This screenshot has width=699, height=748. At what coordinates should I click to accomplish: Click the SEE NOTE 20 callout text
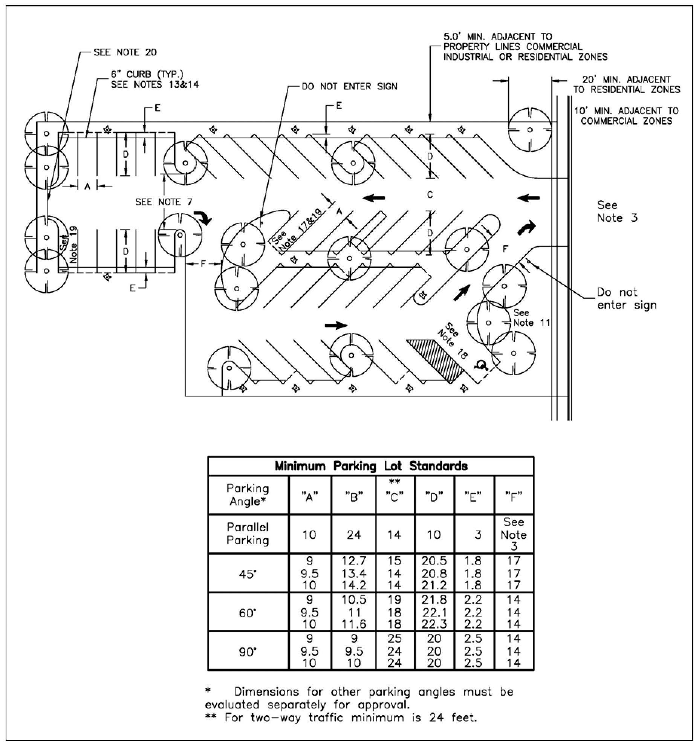125,52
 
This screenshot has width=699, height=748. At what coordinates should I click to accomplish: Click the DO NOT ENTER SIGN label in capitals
349,87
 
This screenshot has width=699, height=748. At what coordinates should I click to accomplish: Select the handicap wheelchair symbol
480,364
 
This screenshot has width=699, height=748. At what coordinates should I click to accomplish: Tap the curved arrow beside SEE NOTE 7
203,218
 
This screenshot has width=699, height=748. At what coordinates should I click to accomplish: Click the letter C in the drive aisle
430,195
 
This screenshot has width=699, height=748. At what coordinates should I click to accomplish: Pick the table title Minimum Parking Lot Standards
371,467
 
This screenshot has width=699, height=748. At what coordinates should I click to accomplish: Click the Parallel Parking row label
248,534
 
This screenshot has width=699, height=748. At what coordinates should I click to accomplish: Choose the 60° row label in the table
248,613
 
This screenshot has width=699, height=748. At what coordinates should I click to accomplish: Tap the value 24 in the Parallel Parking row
354,535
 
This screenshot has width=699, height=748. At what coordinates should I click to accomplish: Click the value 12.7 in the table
354,561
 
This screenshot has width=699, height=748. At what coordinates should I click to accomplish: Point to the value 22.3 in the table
434,624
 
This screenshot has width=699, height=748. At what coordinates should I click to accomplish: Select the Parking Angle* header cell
248,495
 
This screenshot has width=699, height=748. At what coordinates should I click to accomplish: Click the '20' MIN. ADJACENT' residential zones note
626,85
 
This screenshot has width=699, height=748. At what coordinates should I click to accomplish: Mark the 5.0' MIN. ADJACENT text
497,37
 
